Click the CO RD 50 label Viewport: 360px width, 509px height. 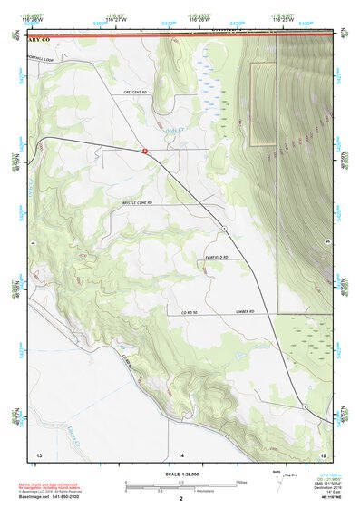tap(188, 313)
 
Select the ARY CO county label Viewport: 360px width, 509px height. tap(38, 41)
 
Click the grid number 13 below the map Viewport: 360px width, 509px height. tap(39, 453)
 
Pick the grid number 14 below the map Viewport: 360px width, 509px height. tap(180, 453)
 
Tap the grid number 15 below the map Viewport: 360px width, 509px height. tap(323, 453)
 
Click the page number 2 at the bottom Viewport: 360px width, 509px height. tap(181, 499)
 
